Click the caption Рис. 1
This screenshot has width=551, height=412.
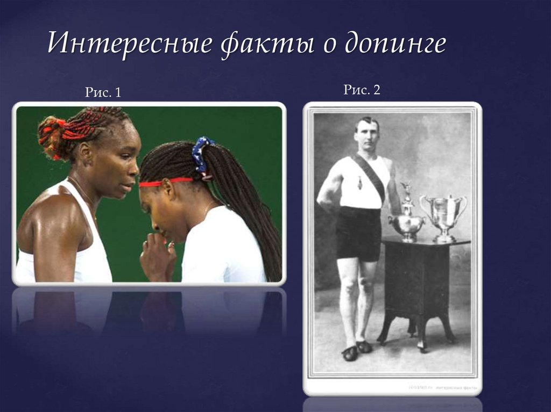[x=103, y=93]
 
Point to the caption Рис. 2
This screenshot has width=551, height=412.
[x=362, y=90]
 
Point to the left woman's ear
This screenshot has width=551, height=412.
[x=85, y=154]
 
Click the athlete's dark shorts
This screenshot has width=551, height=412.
[x=358, y=233]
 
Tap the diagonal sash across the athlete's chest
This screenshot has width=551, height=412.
[x=371, y=175]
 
